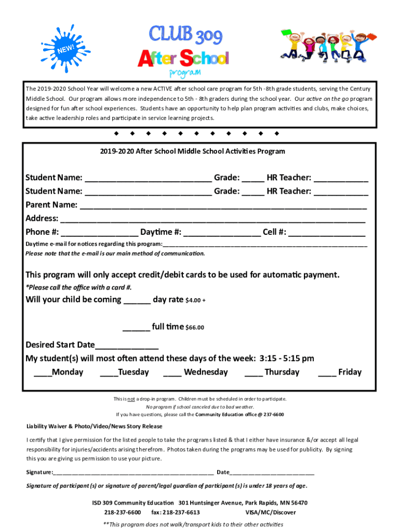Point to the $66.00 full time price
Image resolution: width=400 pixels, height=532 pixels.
(x=195, y=328)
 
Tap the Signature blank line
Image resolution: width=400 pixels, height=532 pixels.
(x=133, y=473)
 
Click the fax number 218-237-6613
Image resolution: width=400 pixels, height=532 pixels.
(x=176, y=512)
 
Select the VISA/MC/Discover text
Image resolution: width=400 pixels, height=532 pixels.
(x=271, y=512)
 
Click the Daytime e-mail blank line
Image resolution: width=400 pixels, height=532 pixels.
(x=265, y=245)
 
